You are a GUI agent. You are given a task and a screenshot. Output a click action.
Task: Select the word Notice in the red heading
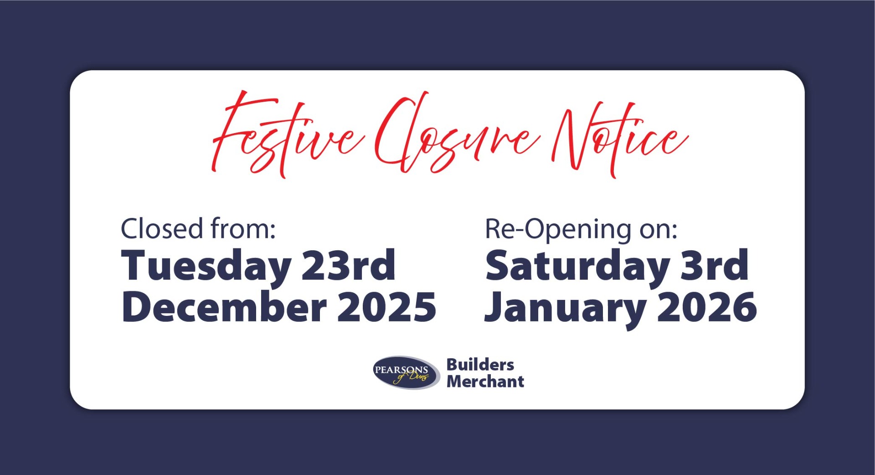coord(620,137)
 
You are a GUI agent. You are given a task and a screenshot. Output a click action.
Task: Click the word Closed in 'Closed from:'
coord(162,229)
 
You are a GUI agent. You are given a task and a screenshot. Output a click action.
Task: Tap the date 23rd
coord(349,266)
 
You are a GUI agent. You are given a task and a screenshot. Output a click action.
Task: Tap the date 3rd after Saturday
coord(714,266)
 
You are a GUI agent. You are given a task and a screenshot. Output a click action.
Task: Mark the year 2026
coord(707,307)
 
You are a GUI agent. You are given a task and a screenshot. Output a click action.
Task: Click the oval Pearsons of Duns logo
coord(406,373)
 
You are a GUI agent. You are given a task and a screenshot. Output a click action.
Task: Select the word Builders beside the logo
coord(480,365)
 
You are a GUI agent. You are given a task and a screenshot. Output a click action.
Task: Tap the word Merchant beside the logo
coord(485,382)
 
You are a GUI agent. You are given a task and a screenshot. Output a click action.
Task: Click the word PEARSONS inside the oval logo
coord(401,370)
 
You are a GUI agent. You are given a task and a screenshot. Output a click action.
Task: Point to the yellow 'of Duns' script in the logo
coord(413,377)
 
